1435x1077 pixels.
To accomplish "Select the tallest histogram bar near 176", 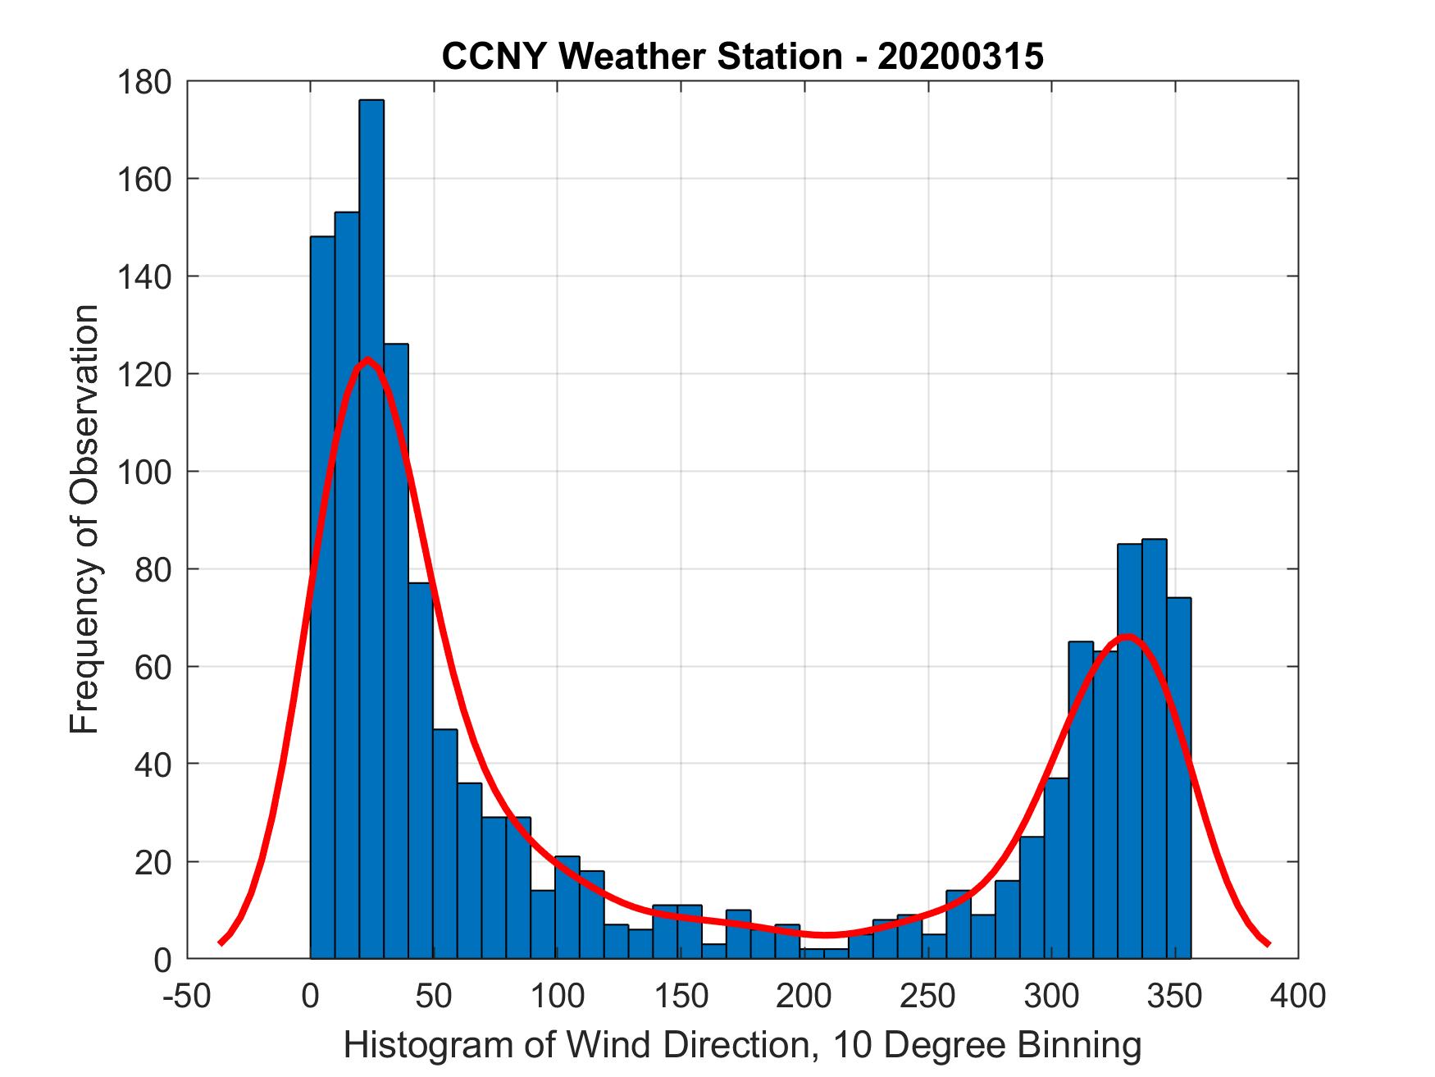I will coord(371,525).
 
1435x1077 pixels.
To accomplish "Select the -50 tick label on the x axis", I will coord(188,996).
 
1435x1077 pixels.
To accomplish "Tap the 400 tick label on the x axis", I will coord(1297,996).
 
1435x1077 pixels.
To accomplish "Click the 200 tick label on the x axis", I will coord(804,996).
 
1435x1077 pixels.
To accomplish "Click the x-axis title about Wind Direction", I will coord(742,1046).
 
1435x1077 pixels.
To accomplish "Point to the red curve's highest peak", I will coord(367,358).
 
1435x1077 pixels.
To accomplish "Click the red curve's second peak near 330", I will coord(1128,636).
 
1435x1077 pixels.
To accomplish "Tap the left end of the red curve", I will coord(221,942).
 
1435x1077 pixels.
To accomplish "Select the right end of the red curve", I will coord(1268,943).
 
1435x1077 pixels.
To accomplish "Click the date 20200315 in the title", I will coord(960,57).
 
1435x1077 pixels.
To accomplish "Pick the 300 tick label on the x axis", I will coord(1051,996).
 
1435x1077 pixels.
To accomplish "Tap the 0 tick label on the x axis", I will coord(311,996).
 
